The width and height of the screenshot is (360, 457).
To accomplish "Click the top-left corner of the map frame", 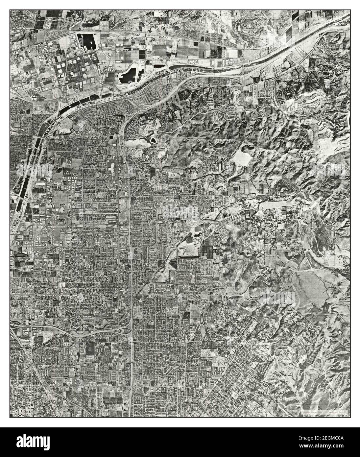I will coord(10,10).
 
